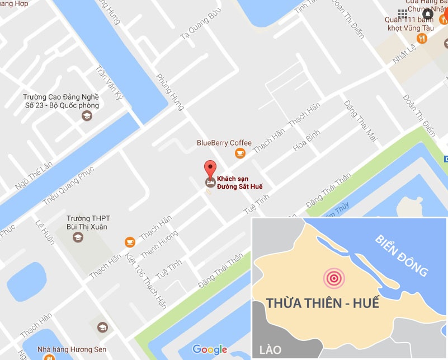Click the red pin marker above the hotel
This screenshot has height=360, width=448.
(x=210, y=167)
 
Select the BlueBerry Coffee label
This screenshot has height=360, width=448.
(x=224, y=143)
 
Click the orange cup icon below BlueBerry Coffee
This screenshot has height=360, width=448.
(x=239, y=153)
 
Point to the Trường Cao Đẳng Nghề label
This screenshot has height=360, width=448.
(x=61, y=101)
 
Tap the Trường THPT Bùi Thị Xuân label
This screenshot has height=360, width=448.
(x=86, y=223)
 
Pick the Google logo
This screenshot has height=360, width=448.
(x=210, y=349)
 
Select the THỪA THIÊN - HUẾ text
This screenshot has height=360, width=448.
(x=322, y=303)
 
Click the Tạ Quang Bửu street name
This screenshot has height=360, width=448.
(x=197, y=25)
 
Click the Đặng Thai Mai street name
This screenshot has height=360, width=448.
(x=361, y=119)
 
